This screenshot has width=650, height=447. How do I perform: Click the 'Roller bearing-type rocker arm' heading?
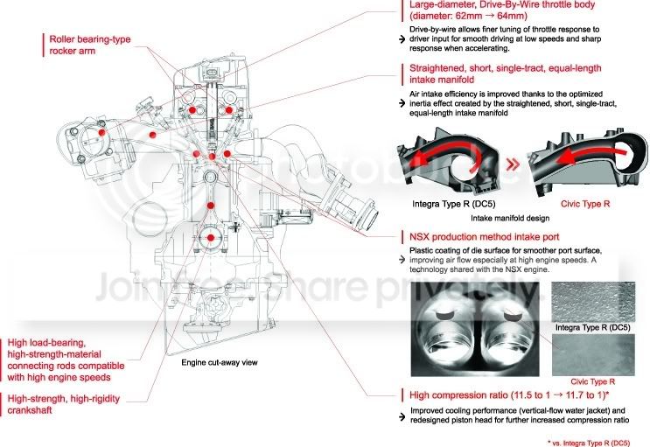pos(89,45)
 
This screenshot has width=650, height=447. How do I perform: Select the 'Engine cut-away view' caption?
pos(220,362)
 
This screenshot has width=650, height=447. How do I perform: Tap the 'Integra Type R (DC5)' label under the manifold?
pos(453,204)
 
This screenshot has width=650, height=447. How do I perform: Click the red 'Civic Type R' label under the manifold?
pos(585,204)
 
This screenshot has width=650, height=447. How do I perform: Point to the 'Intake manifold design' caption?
pos(510,218)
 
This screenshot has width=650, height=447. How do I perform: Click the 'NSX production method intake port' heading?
pos(484,237)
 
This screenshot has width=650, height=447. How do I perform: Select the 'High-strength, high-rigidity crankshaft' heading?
pos(63,404)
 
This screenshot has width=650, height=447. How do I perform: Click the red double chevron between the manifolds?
pos(513,164)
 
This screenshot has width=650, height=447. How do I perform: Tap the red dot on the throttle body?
pos(102,132)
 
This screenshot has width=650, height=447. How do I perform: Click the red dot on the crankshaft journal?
pos(211,238)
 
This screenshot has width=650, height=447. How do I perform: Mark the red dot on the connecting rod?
pos(211,206)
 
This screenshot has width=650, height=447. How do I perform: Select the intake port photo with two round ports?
pos(475,329)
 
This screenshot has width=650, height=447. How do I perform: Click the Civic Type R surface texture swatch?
pos(593,355)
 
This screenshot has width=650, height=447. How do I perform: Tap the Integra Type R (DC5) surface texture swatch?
pos(593,302)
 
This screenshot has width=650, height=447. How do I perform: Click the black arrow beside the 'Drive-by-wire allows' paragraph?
pos(402,39)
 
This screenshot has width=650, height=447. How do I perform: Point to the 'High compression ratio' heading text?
pos(459,395)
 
